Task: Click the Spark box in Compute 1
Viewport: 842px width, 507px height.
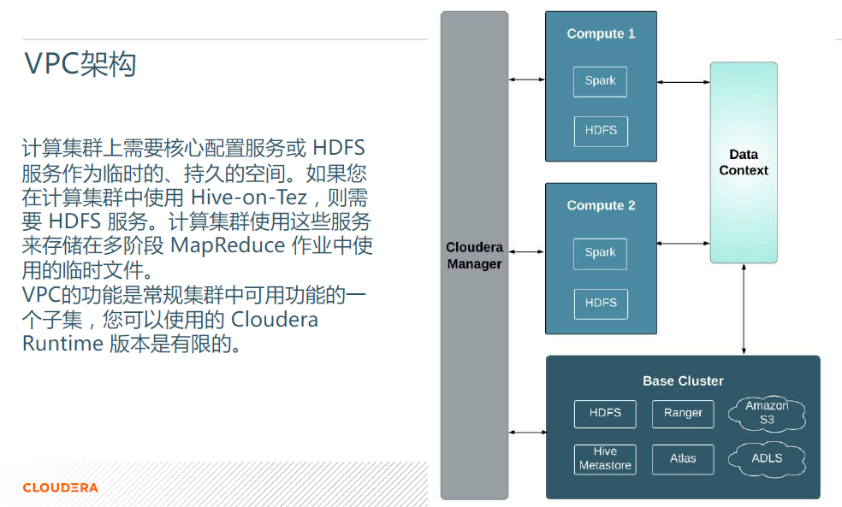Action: click(600, 81)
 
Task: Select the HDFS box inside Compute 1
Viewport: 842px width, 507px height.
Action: click(601, 132)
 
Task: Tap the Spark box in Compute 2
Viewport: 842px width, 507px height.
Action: click(600, 254)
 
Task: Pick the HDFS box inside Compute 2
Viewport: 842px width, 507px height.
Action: click(601, 304)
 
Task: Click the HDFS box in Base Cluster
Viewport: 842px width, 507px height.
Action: click(605, 414)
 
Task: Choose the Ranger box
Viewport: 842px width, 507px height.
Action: click(683, 414)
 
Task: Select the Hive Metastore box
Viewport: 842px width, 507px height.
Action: click(605, 459)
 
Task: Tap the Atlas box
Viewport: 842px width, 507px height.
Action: click(683, 459)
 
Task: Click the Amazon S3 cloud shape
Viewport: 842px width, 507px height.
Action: click(767, 414)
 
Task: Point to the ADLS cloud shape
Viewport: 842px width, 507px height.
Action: click(767, 459)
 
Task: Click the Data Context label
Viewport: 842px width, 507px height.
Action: click(744, 162)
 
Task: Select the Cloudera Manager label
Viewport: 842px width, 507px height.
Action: click(475, 256)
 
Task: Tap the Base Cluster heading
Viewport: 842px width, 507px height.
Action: click(683, 381)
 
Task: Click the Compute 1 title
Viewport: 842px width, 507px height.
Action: click(601, 34)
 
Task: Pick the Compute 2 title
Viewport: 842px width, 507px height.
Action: click(601, 205)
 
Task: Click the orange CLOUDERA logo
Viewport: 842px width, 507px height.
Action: click(60, 487)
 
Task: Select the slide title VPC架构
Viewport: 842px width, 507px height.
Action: click(80, 64)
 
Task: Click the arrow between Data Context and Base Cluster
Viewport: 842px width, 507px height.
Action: click(744, 309)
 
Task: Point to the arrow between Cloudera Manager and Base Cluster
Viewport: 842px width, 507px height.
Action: click(527, 432)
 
